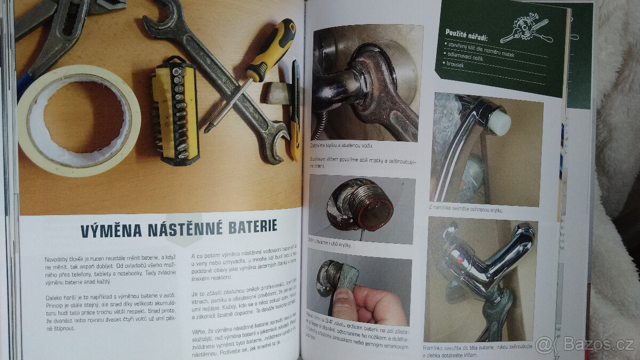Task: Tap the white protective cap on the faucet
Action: tap(498, 122)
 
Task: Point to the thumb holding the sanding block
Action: tap(344, 305)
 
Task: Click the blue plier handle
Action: tap(24, 85)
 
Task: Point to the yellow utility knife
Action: tap(295, 112)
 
